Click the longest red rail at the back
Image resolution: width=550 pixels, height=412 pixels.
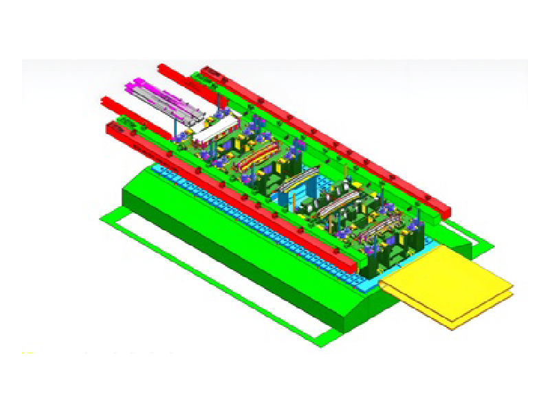tap(330, 137)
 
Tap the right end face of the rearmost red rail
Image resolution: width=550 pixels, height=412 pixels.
tap(445, 211)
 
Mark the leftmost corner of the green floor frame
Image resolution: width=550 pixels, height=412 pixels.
tap(101, 218)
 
